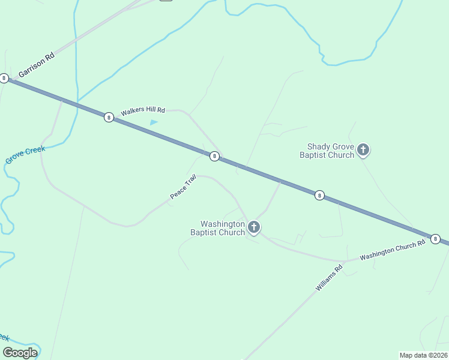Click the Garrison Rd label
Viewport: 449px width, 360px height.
pos(37,64)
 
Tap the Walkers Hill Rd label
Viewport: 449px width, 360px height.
pos(142,111)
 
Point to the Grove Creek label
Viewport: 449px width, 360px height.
pos(25,155)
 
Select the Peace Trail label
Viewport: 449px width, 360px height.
pos(183,187)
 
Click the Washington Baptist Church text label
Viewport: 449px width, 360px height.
pos(217,228)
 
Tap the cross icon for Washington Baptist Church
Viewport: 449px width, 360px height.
pos(254,227)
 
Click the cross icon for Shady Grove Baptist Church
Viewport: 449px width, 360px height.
pos(363,149)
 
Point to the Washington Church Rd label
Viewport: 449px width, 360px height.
pos(393,249)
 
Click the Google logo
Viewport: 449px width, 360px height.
pos(20,353)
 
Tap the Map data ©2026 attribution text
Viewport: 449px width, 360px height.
pos(423,355)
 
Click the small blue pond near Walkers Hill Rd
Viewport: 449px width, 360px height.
pos(154,122)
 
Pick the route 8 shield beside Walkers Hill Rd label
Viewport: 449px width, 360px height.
pos(109,117)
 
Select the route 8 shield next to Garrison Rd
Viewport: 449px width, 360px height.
pos(4,78)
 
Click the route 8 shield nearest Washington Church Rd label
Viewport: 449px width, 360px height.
pos(436,238)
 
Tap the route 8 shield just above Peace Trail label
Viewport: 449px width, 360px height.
pos(214,156)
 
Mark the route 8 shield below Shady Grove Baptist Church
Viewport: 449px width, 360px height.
pos(320,195)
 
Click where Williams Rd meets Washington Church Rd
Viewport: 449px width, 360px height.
pos(344,263)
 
